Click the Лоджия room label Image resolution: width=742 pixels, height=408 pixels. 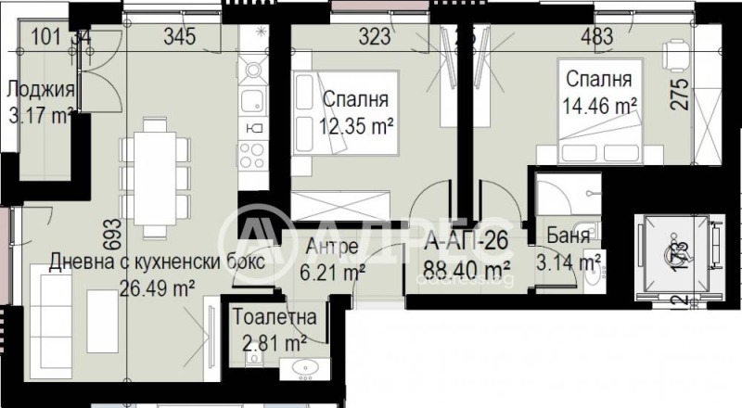point(39,90)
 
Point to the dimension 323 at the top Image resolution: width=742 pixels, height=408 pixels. point(376,39)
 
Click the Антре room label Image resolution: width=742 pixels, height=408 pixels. point(334,245)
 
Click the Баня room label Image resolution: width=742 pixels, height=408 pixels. point(568,236)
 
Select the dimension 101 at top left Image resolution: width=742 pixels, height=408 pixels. point(46,38)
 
